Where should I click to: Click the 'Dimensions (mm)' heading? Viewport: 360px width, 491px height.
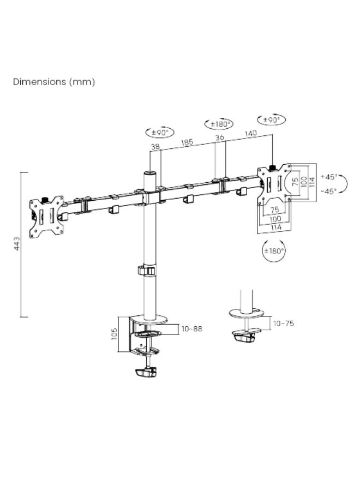pyautogui.click(x=54, y=82)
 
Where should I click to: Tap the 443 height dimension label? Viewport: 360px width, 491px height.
pyautogui.click(x=17, y=244)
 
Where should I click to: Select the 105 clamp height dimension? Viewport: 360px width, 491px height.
pyautogui.click(x=114, y=334)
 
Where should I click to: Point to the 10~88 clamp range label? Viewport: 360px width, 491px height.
pyautogui.click(x=192, y=329)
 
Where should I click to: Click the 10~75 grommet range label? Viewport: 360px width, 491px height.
pyautogui.click(x=284, y=324)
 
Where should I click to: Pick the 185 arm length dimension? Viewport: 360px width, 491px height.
pyautogui.click(x=187, y=142)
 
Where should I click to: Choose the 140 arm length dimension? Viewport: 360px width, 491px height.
pyautogui.click(x=251, y=134)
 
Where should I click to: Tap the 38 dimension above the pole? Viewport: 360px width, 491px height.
pyautogui.click(x=155, y=147)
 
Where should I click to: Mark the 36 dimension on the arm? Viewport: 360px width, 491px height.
pyautogui.click(x=220, y=137)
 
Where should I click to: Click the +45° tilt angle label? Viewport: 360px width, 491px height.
pyautogui.click(x=329, y=177)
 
